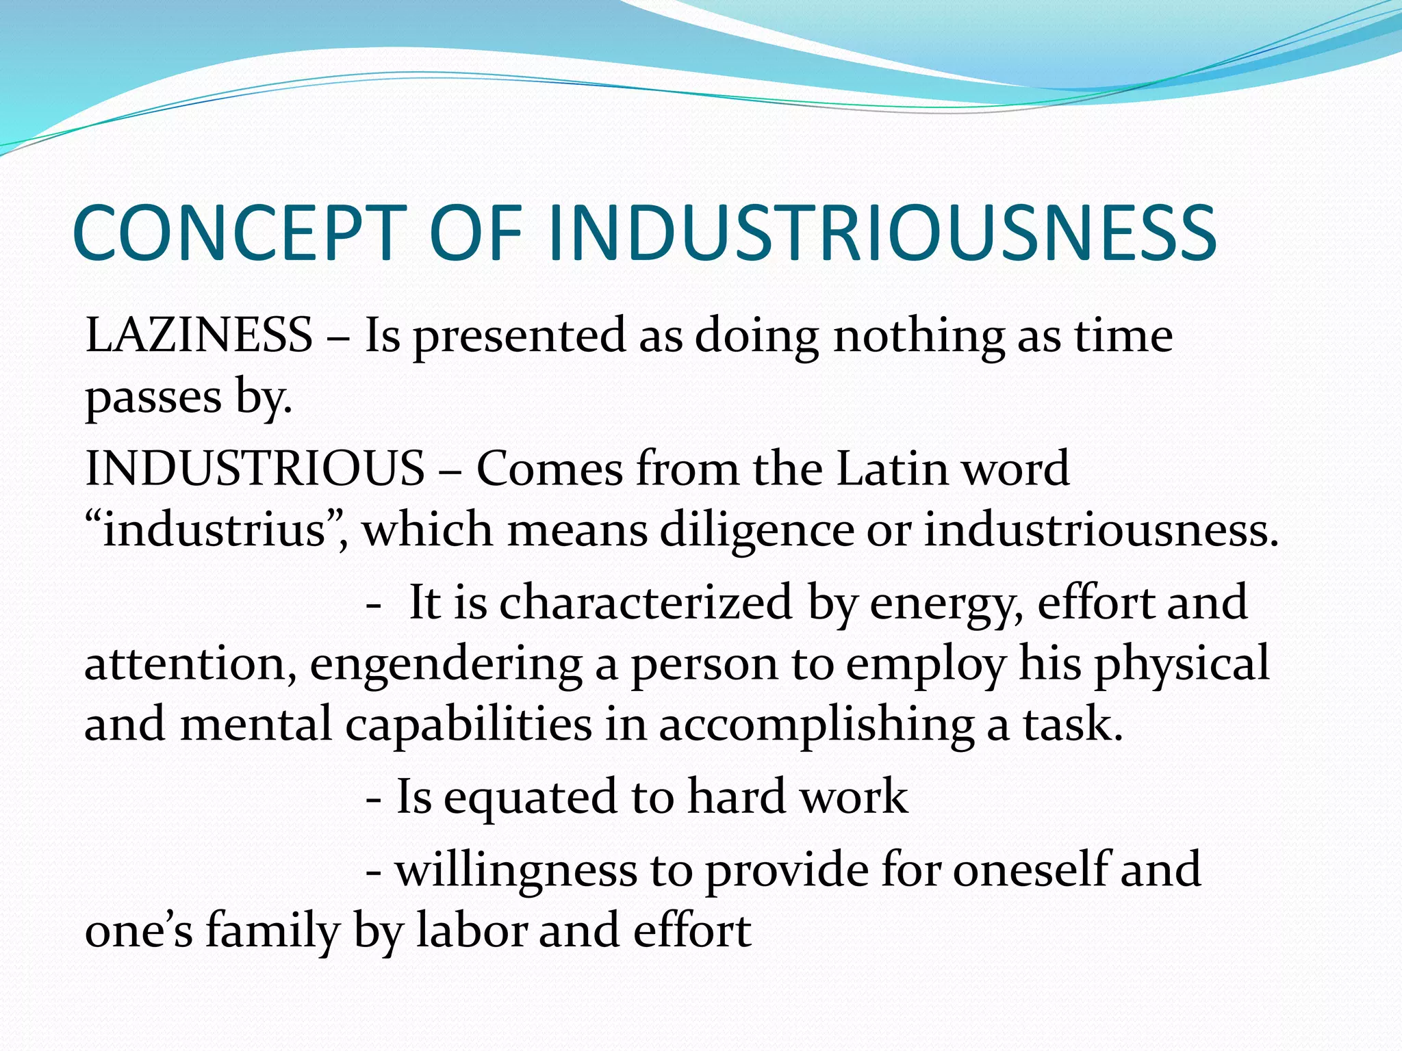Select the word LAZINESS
[x=199, y=335]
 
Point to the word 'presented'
[x=520, y=337]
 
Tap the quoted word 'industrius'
[x=213, y=530]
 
